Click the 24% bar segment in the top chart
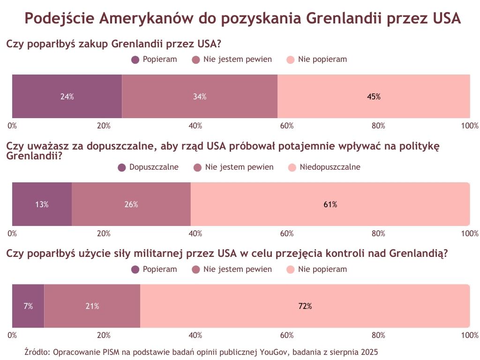(67, 97)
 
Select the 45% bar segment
(374, 97)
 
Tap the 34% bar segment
(200, 97)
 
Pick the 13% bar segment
(42, 204)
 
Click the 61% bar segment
(330, 204)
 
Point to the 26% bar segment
(131, 204)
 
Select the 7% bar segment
(28, 306)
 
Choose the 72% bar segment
(305, 306)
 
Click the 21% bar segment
(92, 306)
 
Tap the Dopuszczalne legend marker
(122, 167)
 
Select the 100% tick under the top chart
(469, 126)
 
